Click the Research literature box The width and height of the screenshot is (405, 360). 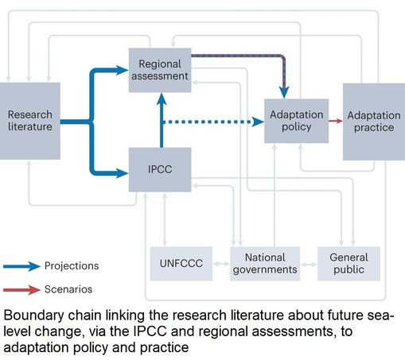(29, 121)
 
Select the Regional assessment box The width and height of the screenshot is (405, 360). (160, 70)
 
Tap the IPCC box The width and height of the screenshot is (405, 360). (160, 169)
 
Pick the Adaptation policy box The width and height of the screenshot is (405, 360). (297, 121)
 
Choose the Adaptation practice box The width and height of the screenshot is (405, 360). (374, 122)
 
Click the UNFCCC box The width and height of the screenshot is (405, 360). (181, 264)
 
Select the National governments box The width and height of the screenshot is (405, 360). (265, 264)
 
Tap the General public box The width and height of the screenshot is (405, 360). (349, 264)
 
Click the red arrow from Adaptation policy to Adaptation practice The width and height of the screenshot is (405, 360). (336, 121)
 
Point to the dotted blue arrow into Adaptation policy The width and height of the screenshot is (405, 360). (213, 122)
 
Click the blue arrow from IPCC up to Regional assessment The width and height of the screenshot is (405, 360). (162, 121)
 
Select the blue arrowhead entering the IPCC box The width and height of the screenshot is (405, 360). (122, 173)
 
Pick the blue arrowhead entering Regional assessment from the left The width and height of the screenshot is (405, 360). (122, 70)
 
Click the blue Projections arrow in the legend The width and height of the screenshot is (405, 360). (21, 266)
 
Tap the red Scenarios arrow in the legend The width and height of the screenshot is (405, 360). (21, 290)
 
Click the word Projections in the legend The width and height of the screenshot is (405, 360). (72, 266)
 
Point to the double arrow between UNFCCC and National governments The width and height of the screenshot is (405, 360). (221, 264)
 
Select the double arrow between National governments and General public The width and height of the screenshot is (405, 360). (309, 264)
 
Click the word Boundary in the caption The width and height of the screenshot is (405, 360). (33, 315)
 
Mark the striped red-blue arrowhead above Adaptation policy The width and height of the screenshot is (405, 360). (284, 92)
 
